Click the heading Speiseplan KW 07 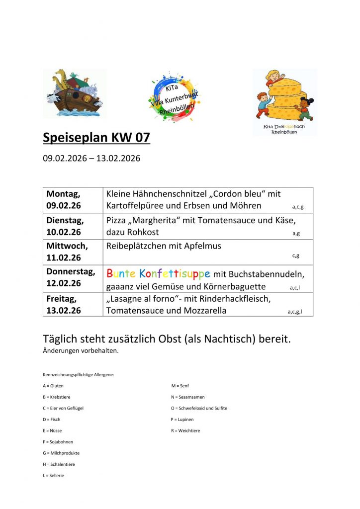(96, 138)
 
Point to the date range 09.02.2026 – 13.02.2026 (91, 159)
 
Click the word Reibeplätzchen (135, 246)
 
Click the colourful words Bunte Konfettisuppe (158, 273)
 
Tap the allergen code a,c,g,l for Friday (295, 312)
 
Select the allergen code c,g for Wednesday (296, 256)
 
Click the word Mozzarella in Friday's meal (203, 311)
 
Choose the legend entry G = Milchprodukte (61, 453)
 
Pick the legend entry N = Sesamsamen (187, 397)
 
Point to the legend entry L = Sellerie (54, 475)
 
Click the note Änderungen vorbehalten (81, 351)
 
